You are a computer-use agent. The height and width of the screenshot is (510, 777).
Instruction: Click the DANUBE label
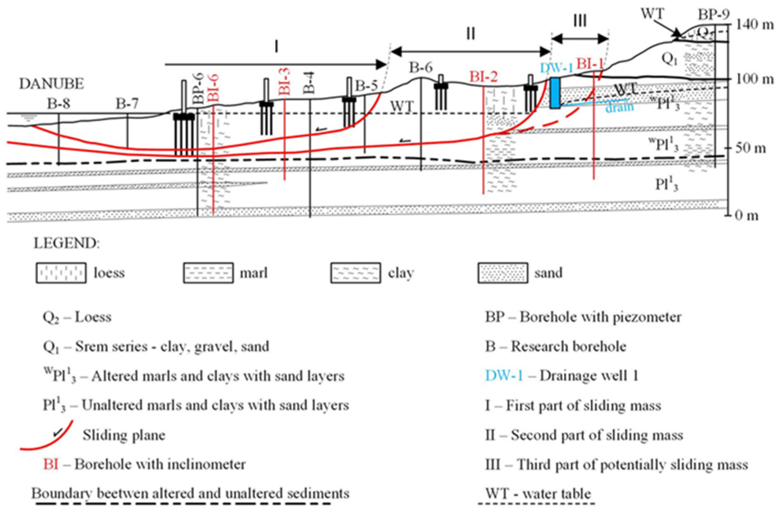click(51, 84)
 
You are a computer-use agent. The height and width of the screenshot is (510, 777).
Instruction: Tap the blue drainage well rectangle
click(555, 93)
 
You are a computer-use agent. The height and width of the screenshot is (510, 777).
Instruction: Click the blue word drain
click(619, 107)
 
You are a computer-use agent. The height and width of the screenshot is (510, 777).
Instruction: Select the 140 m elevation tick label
click(754, 25)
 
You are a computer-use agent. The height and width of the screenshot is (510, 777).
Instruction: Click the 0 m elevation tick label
click(746, 216)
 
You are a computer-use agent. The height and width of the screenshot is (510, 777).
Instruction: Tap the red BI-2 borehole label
click(483, 77)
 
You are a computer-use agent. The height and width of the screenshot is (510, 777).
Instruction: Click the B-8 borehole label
click(59, 103)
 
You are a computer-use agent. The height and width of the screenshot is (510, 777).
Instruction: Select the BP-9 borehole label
click(714, 14)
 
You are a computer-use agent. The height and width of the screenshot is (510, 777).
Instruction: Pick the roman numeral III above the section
click(580, 21)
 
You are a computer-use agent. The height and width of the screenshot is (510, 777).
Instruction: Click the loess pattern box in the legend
click(61, 273)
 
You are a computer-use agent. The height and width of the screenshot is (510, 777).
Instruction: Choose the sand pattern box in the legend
click(503, 273)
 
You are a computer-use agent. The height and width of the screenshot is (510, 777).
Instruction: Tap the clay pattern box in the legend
click(355, 273)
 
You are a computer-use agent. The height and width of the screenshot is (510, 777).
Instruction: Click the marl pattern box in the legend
click(208, 273)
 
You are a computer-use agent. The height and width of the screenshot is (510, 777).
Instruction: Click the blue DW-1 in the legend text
click(504, 376)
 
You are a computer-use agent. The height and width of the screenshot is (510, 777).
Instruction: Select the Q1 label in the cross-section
click(669, 59)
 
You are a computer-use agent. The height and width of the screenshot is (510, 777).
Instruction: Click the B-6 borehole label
click(421, 68)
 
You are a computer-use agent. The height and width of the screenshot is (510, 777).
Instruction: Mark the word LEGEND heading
click(67, 243)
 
